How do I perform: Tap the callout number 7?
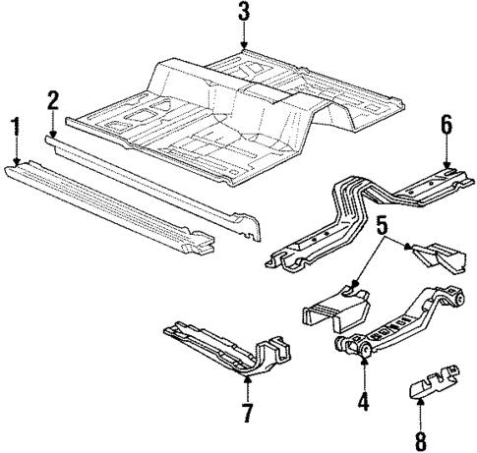tap(247, 410)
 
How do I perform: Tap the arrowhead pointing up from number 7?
tap(247, 378)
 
